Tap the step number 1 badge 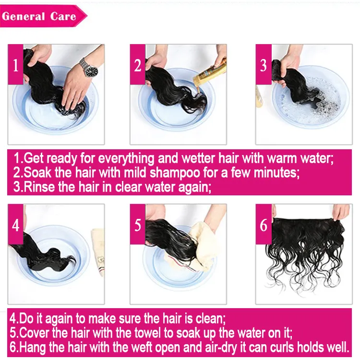coord(15,65)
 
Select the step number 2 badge coord(138,65)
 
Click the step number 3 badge coord(263,65)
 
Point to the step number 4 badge coord(15,225)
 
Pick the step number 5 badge coord(138,225)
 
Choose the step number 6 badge coord(263,225)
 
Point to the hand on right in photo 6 coord(340,211)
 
